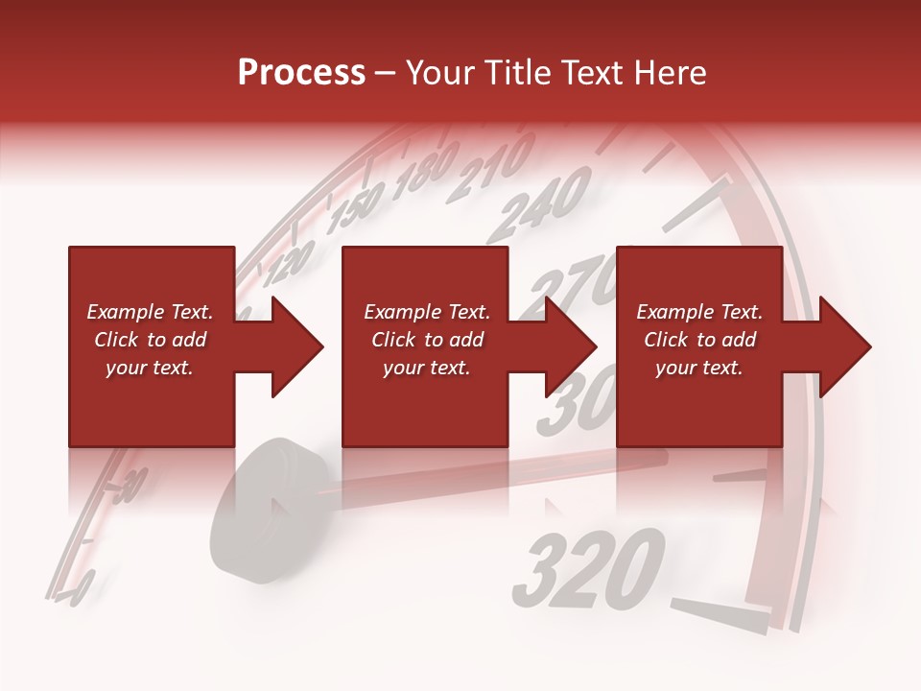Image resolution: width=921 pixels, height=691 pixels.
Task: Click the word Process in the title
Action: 301,73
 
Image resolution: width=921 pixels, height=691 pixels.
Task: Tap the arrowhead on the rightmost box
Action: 843,346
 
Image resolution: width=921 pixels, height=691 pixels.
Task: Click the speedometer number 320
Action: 588,569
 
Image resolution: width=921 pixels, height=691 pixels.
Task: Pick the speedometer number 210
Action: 496,162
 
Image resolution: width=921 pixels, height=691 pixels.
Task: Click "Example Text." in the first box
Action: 150,312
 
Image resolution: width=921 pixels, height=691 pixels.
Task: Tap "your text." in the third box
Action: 698,368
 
